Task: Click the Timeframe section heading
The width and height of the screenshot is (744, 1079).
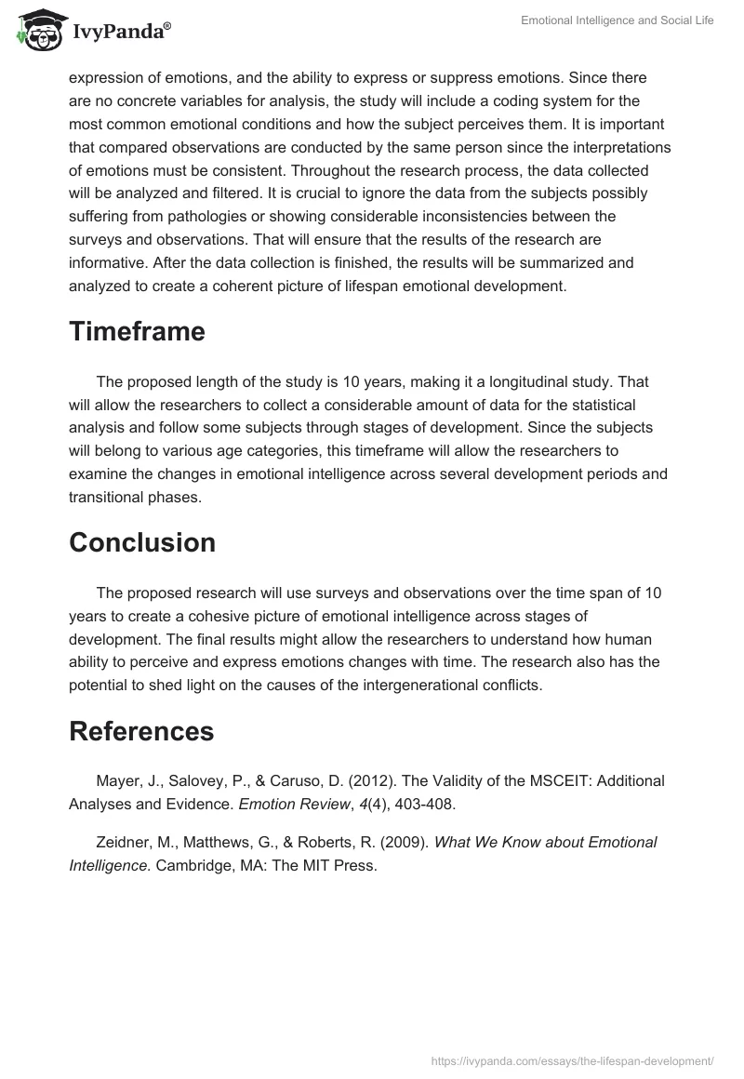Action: [137, 332]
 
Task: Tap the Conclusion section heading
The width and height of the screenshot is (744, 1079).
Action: [142, 542]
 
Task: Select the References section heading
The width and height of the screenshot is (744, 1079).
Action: [141, 731]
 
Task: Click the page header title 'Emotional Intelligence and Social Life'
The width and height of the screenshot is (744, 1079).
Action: [616, 20]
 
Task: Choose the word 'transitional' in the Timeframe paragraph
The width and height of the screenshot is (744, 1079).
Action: [113, 497]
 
